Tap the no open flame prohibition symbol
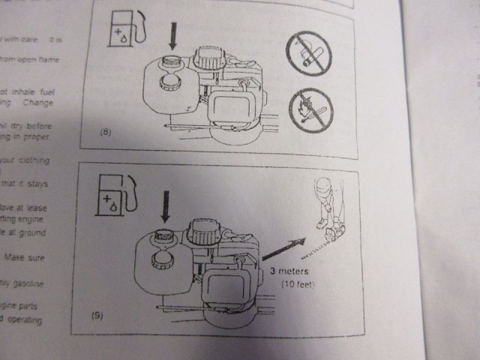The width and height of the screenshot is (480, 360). click(310, 109)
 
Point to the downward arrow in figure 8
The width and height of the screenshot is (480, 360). click(173, 37)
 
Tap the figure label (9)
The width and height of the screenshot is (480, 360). click(97, 315)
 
